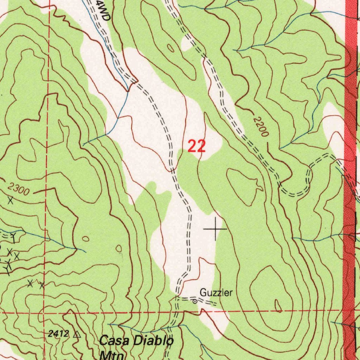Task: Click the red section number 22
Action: pos(197,146)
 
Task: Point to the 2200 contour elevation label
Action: pos(262,127)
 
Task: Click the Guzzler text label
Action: pos(216,292)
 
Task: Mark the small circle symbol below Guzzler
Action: pos(194,301)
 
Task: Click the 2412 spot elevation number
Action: pos(59,334)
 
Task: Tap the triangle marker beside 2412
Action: pos(77,334)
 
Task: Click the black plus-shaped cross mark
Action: pos(215,229)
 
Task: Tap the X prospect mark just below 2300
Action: pos(11,201)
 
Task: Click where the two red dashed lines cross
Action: pos(46,312)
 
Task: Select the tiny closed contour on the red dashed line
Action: pos(278,306)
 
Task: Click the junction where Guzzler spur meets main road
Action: pos(177,298)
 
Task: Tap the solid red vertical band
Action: pos(350,105)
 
